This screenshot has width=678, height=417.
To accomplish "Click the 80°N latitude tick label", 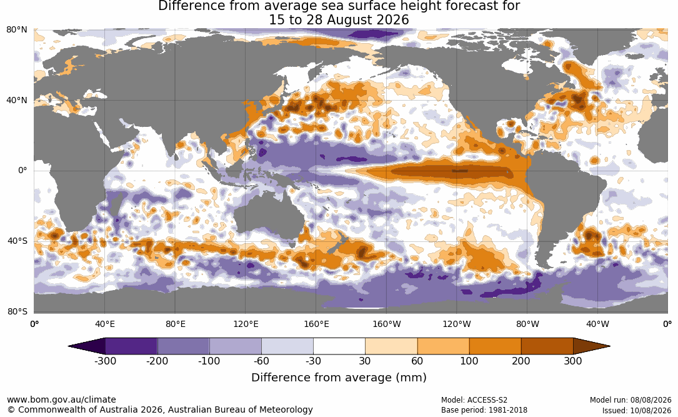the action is click(x=16, y=30).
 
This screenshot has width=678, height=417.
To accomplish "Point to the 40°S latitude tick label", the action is click(x=17, y=241).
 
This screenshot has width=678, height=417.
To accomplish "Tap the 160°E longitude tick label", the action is click(x=316, y=324).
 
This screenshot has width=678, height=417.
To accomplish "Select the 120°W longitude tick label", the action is click(x=457, y=324).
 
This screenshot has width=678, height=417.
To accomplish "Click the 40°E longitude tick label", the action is click(x=104, y=324).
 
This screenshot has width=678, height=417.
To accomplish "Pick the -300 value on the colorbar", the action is click(x=105, y=361).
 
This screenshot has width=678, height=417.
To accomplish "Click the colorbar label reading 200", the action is click(x=521, y=361).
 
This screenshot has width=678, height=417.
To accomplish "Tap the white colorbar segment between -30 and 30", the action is click(x=339, y=346).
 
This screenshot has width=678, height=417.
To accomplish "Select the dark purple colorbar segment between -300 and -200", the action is click(x=131, y=346).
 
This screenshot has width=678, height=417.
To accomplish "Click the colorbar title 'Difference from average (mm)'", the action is click(x=339, y=378).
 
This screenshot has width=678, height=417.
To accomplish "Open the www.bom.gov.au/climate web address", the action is click(x=61, y=399).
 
